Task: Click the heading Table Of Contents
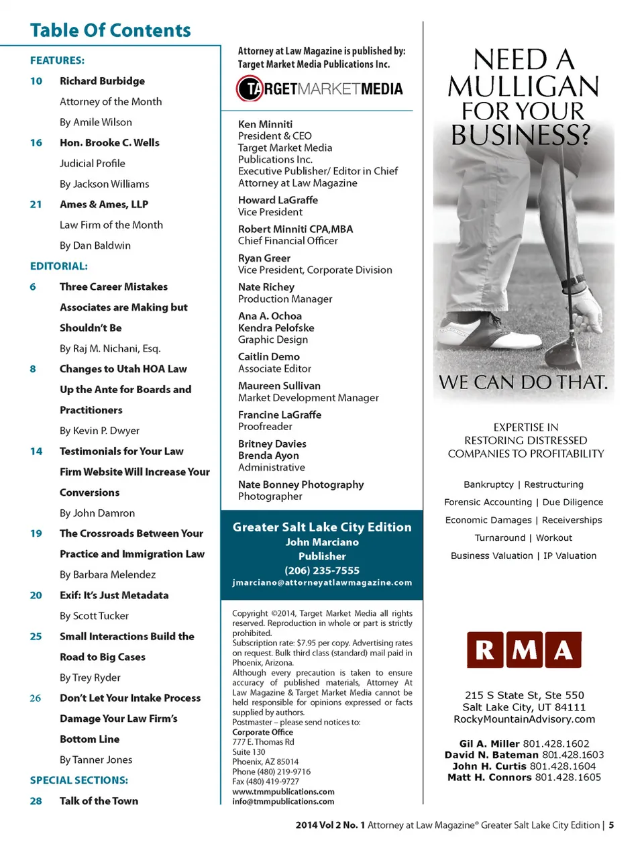click(111, 31)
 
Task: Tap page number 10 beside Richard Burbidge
click(36, 81)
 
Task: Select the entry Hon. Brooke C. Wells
click(109, 143)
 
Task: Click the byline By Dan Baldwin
click(95, 246)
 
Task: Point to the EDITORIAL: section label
click(59, 266)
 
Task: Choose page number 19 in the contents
click(36, 533)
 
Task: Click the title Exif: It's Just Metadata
click(114, 595)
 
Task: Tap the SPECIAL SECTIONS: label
click(79, 780)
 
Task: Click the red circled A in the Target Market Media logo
click(250, 89)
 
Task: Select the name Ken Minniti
click(265, 124)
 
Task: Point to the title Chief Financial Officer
click(288, 241)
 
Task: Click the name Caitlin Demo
click(269, 357)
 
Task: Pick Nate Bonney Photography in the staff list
click(301, 484)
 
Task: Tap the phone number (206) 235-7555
click(322, 570)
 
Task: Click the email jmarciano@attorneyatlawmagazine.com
click(322, 582)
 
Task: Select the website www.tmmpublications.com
click(283, 792)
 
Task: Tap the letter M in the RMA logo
click(525, 649)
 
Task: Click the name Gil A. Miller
click(489, 743)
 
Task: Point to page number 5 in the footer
click(611, 825)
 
